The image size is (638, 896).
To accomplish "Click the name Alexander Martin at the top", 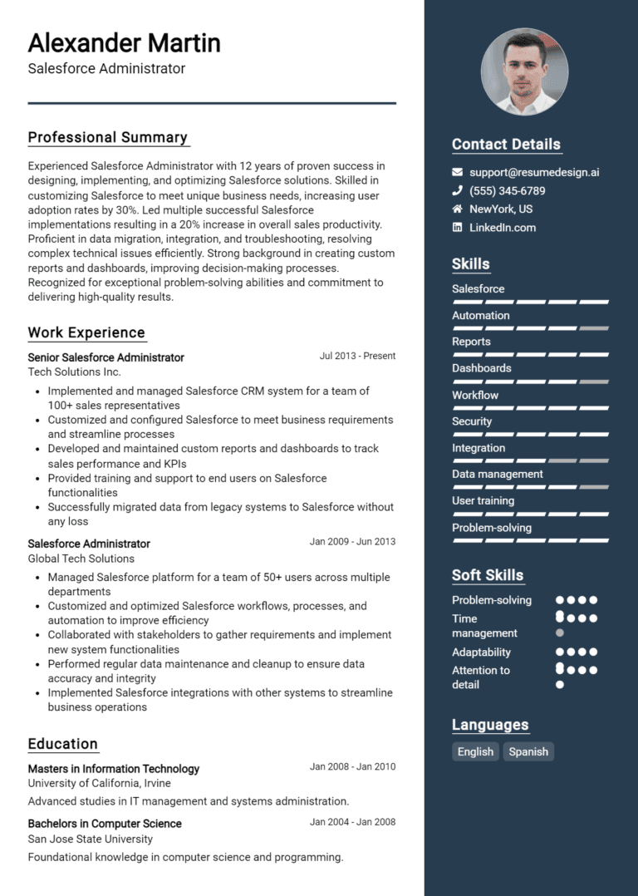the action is (124, 42).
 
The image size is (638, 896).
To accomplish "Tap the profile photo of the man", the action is (524, 72).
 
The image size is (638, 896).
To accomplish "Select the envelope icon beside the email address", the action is (457, 172).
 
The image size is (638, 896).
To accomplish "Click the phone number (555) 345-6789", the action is (507, 190).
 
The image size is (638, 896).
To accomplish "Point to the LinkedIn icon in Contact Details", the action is (457, 227).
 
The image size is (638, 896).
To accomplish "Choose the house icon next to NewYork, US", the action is (457, 209).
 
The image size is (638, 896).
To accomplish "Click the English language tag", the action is (475, 751).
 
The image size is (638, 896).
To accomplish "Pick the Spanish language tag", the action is (528, 751).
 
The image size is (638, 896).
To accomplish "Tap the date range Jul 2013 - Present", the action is (357, 356).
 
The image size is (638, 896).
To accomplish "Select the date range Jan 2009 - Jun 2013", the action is (352, 542).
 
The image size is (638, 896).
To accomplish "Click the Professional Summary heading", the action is (108, 137).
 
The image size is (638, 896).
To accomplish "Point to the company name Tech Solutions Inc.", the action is (74, 372).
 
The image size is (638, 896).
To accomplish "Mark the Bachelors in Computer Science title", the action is (105, 823).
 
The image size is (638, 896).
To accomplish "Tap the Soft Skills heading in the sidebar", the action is (488, 575).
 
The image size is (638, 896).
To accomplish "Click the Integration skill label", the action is (478, 448).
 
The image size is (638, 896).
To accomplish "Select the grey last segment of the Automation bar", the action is (594, 328).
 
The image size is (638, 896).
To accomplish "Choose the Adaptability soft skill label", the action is (481, 652).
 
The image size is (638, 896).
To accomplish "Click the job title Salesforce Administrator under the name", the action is (106, 68).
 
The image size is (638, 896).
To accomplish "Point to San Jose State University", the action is (90, 839).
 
